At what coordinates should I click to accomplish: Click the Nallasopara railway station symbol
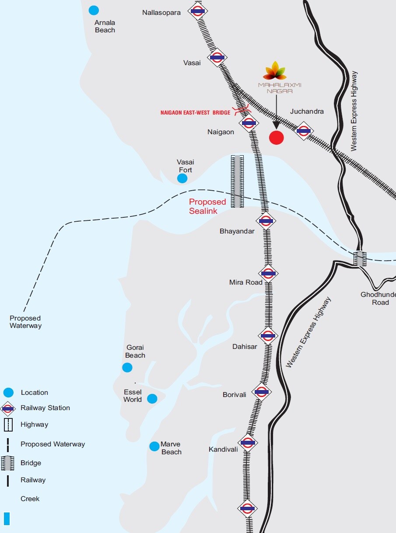198,10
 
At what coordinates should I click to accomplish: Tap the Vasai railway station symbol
217,57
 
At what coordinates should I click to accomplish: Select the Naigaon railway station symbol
249,123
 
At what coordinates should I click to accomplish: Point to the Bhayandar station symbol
266,221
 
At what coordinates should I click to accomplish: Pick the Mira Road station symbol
268,274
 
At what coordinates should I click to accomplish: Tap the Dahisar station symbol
268,336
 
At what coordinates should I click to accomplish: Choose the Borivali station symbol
262,392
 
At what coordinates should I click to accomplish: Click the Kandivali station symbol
248,442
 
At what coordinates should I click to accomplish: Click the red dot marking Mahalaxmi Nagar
276,138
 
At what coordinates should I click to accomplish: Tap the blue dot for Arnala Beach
94,10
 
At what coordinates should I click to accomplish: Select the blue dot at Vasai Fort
182,178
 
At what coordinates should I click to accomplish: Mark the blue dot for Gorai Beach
127,367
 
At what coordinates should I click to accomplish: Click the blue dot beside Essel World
152,398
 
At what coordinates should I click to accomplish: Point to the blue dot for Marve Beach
154,446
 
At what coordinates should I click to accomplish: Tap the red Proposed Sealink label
207,206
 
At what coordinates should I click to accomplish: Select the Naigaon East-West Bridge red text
195,113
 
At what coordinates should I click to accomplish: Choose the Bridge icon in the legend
8,463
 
